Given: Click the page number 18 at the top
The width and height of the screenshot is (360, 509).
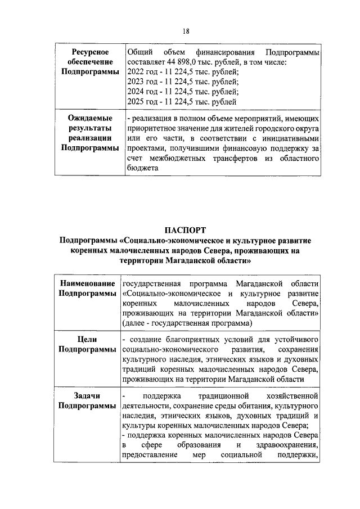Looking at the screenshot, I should point(186,31).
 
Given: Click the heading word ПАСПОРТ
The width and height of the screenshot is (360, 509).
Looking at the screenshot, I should point(186,229).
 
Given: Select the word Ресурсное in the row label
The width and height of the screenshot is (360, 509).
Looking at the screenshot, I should point(87,52).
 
